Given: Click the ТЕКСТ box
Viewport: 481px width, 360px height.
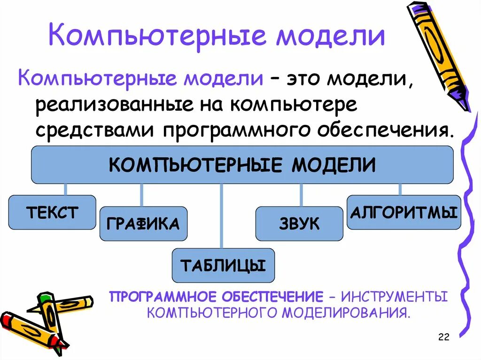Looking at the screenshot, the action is pyautogui.click(x=52, y=212).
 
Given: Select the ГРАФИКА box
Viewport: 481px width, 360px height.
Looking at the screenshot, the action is pyautogui.click(x=143, y=223).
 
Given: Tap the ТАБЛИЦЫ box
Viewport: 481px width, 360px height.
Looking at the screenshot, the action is pyautogui.click(x=223, y=266).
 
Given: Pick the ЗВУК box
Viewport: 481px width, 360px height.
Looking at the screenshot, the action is pyautogui.click(x=299, y=223).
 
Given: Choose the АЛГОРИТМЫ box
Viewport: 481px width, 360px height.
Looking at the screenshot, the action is pyautogui.click(x=403, y=213).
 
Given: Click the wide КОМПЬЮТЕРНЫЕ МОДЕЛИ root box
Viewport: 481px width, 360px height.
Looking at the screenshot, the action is pyautogui.click(x=242, y=165).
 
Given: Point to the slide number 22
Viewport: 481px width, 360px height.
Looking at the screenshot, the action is pyautogui.click(x=443, y=337).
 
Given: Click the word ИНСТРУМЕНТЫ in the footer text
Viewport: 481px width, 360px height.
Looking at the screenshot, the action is pyautogui.click(x=394, y=297).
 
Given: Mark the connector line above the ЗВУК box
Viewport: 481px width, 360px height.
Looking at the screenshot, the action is pyautogui.click(x=301, y=194).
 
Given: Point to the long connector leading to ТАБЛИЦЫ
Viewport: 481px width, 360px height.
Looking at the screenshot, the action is pyautogui.click(x=221, y=216).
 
